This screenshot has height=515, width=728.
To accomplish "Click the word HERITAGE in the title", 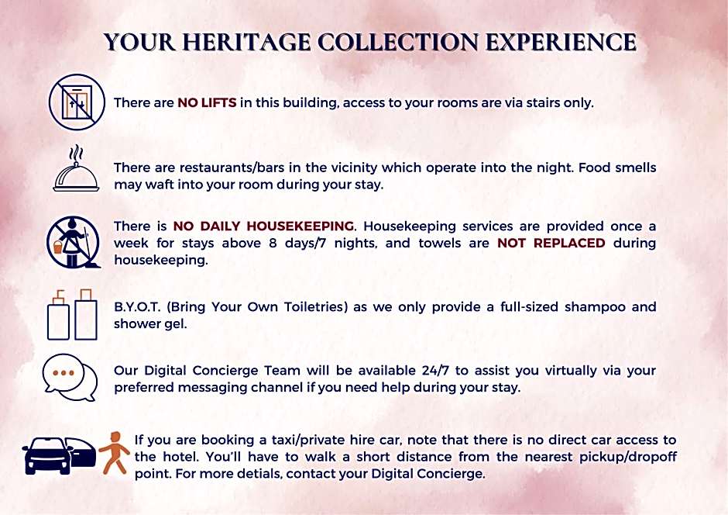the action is (x=246, y=43).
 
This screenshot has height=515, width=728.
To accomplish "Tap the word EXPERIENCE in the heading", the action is (x=561, y=43).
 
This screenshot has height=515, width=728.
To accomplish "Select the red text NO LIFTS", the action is (x=207, y=102).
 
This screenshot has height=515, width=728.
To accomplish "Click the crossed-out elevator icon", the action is (x=77, y=102).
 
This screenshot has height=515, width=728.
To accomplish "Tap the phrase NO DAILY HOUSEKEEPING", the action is (x=263, y=226).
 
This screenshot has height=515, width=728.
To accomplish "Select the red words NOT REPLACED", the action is (x=551, y=243).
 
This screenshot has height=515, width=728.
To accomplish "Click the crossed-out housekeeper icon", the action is (x=74, y=242).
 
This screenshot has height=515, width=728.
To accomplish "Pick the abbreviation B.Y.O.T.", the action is (x=137, y=307).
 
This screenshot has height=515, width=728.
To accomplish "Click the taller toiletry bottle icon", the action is (x=86, y=315).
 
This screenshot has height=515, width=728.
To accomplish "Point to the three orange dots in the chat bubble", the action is (x=64, y=373).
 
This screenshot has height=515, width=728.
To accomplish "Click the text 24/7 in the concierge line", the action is (x=435, y=371).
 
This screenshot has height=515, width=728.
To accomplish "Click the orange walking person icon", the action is (x=113, y=453).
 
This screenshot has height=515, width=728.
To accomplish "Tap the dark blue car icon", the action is (x=59, y=455).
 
